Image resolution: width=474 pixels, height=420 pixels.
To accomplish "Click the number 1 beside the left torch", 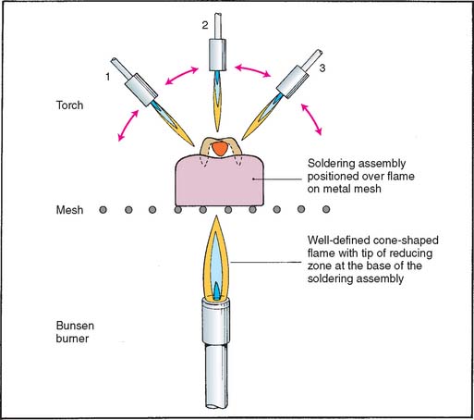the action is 108,77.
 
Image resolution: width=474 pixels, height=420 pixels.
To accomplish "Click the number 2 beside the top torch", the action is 205,25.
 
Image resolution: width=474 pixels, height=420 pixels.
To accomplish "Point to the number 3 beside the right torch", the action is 322,68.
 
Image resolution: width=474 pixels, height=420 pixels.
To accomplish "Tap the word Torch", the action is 69,105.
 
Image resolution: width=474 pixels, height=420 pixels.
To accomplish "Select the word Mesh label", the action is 69,210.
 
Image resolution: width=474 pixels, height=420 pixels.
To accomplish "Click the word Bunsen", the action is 75,326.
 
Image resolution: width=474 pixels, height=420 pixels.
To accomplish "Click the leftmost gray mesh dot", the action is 103,210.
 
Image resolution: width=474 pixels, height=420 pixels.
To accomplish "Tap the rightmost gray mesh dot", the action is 326,210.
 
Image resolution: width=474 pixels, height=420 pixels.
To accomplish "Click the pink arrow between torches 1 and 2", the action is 181,75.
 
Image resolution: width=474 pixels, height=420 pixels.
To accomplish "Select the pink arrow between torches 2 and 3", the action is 252,70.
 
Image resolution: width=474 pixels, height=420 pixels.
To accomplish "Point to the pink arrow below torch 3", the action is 311,119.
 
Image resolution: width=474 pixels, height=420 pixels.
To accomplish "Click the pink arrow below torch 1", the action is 128,125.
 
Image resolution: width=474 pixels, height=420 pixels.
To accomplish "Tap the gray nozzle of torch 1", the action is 141,90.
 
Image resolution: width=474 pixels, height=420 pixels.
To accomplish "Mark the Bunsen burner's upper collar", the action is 216,322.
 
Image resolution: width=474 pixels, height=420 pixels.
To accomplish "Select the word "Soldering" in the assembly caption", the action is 331,164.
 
